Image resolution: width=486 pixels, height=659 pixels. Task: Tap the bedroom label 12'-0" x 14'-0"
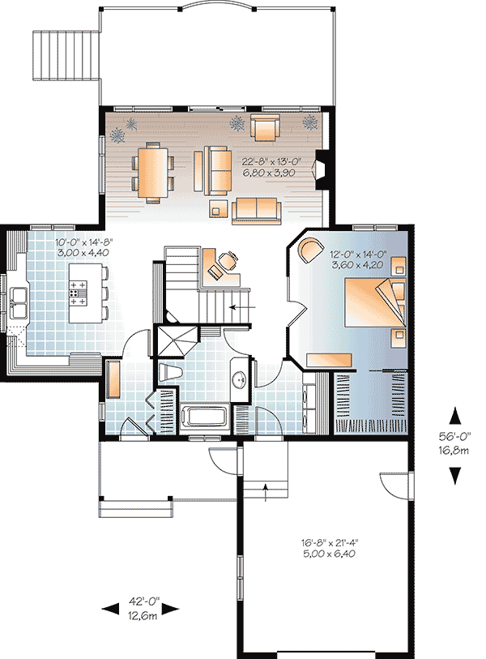(360, 254)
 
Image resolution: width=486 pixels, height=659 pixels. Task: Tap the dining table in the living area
(151, 171)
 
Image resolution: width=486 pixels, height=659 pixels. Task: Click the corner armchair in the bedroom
(309, 250)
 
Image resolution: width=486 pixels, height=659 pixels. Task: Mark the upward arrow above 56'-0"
(454, 415)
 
